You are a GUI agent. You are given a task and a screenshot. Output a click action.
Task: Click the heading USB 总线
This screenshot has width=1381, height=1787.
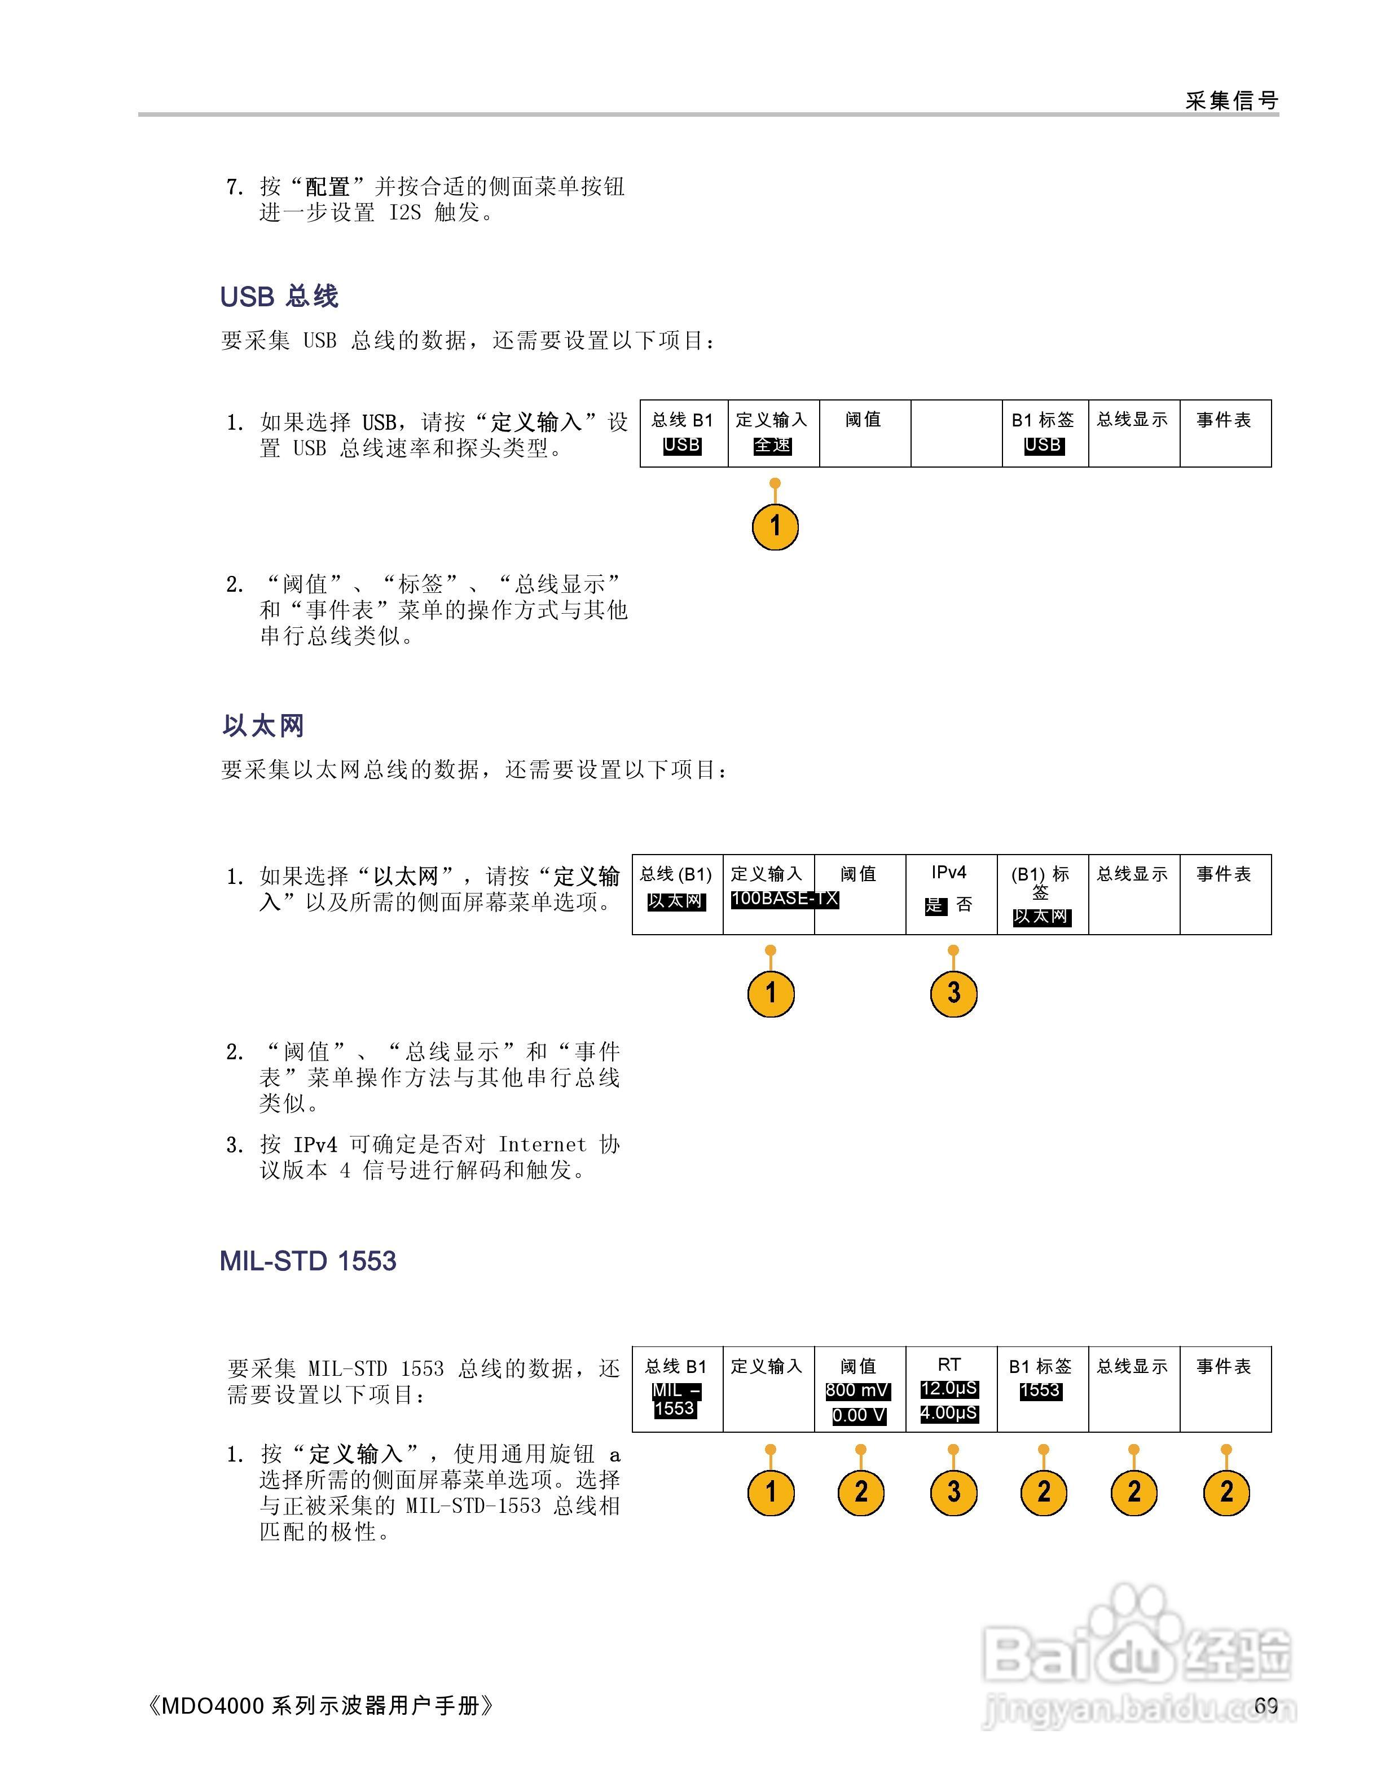coord(279,296)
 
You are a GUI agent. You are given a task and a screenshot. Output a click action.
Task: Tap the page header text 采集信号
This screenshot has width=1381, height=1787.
coord(1232,100)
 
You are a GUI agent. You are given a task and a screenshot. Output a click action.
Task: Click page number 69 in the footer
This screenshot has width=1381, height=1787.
coord(1266,1705)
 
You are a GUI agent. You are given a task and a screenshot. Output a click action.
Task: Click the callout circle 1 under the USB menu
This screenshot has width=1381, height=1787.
coord(775,526)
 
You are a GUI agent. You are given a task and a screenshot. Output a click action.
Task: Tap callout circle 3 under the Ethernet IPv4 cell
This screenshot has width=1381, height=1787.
coord(953,993)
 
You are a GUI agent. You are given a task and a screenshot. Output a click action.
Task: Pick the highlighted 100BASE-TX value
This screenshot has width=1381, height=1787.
coord(784,899)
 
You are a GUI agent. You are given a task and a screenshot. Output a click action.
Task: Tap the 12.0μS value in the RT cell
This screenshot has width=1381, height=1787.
coord(949,1389)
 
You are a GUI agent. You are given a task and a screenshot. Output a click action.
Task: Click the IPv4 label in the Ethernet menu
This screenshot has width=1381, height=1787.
coord(949,873)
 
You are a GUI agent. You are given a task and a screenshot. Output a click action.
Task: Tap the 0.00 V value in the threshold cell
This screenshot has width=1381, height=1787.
coord(858,1415)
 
